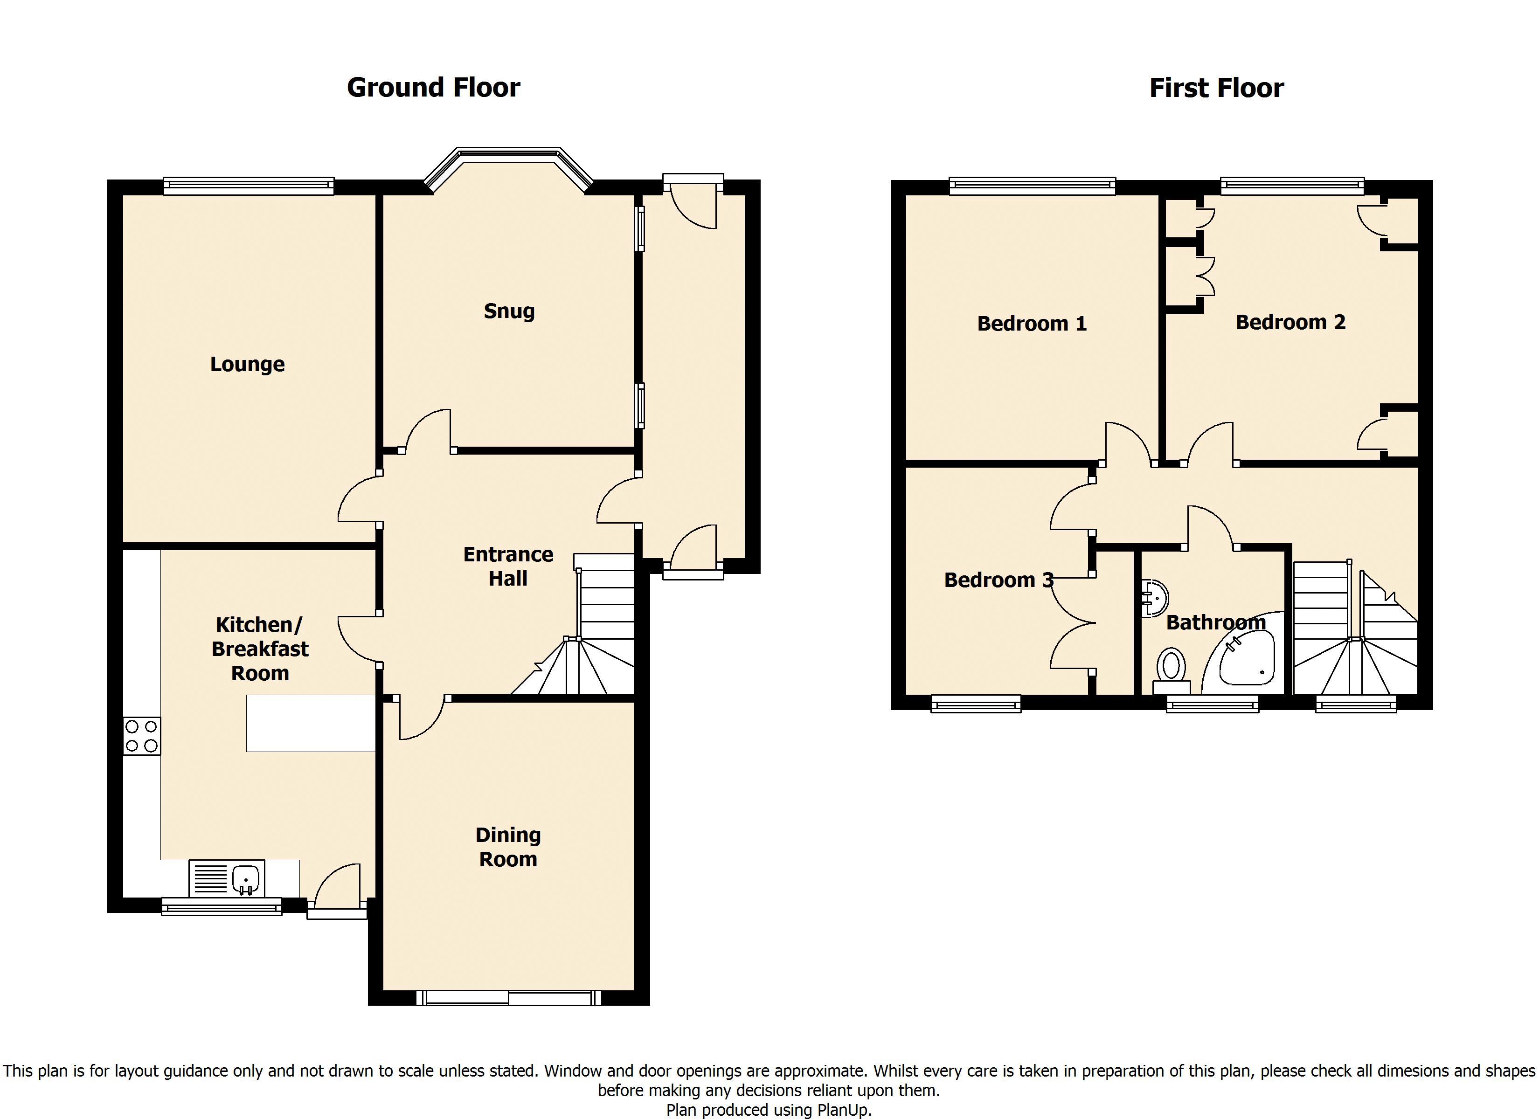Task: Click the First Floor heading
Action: pos(1216,88)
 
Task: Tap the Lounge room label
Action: pos(247,365)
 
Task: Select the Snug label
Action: pos(509,311)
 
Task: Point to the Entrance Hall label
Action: pos(508,566)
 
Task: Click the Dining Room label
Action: pos(508,846)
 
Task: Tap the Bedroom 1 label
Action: pos(1032,324)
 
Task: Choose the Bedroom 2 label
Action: pos(1290,322)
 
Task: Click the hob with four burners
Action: pos(142,736)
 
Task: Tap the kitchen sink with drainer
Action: pos(227,879)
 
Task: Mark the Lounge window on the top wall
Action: pos(249,186)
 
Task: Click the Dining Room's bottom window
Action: pos(508,997)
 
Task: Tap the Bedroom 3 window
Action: pos(976,704)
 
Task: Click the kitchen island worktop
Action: pos(311,723)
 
